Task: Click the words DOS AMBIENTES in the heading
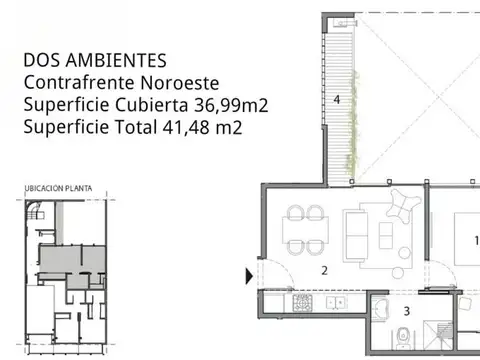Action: [x=95, y=62]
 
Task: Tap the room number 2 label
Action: [x=324, y=270]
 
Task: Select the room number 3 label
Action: [x=407, y=310]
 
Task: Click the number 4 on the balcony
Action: [x=337, y=100]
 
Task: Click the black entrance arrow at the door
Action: [x=249, y=273]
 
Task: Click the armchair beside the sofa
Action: [x=402, y=206]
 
